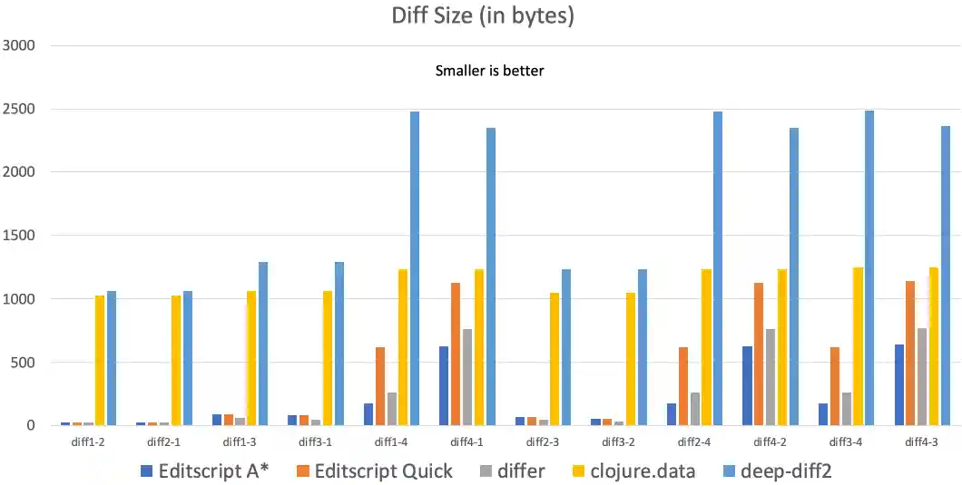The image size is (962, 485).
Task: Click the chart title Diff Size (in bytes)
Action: coord(482,16)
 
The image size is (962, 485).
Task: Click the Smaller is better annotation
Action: coord(489,71)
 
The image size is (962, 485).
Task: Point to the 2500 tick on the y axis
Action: coord(19,109)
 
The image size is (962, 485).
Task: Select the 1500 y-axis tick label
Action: coord(19,236)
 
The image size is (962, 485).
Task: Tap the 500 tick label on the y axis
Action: coord(23,363)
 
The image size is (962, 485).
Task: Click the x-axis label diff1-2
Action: coord(87,441)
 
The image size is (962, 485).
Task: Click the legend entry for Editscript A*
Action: coord(205,471)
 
